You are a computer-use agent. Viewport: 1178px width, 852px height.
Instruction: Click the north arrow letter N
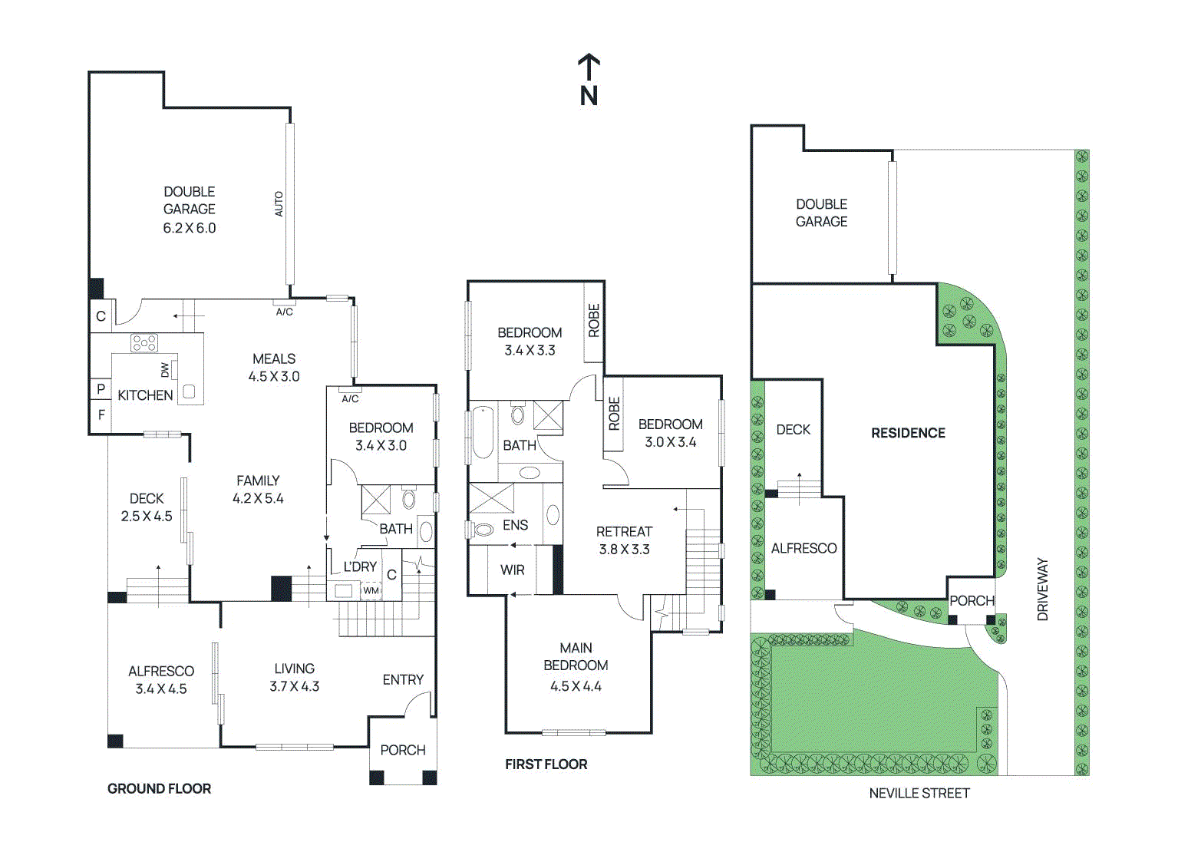[x=589, y=96]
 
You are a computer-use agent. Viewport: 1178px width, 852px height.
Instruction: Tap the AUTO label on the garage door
[x=279, y=203]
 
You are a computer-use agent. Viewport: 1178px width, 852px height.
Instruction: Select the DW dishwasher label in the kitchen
[x=165, y=370]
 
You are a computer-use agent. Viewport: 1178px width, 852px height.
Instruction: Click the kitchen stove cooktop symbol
[x=144, y=342]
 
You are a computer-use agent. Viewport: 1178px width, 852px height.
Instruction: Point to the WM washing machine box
[x=371, y=590]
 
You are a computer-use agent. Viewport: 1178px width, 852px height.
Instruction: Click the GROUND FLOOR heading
[x=159, y=788]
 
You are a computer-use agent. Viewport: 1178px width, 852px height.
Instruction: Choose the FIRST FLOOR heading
[x=546, y=764]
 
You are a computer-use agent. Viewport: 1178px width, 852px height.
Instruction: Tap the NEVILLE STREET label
[x=919, y=793]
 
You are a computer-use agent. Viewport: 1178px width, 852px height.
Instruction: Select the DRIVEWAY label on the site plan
[x=1042, y=589]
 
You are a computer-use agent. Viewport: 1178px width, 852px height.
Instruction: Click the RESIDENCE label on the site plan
[x=908, y=433]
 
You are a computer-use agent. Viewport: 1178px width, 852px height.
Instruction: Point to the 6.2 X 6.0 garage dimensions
[x=189, y=228]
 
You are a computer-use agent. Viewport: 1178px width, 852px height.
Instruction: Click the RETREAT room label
[x=624, y=531]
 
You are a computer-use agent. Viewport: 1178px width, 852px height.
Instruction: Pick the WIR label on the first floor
[x=512, y=570]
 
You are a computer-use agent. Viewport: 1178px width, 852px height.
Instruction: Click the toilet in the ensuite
[x=483, y=529]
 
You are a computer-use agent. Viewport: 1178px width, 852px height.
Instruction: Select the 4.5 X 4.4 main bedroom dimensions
[x=576, y=686]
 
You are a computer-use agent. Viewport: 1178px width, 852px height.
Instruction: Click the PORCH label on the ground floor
[x=402, y=750]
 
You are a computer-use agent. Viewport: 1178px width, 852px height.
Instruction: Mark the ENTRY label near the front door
[x=403, y=679]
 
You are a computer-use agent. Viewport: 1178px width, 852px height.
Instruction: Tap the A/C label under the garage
[x=284, y=312]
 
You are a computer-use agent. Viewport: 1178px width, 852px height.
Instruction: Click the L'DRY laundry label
[x=360, y=566]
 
